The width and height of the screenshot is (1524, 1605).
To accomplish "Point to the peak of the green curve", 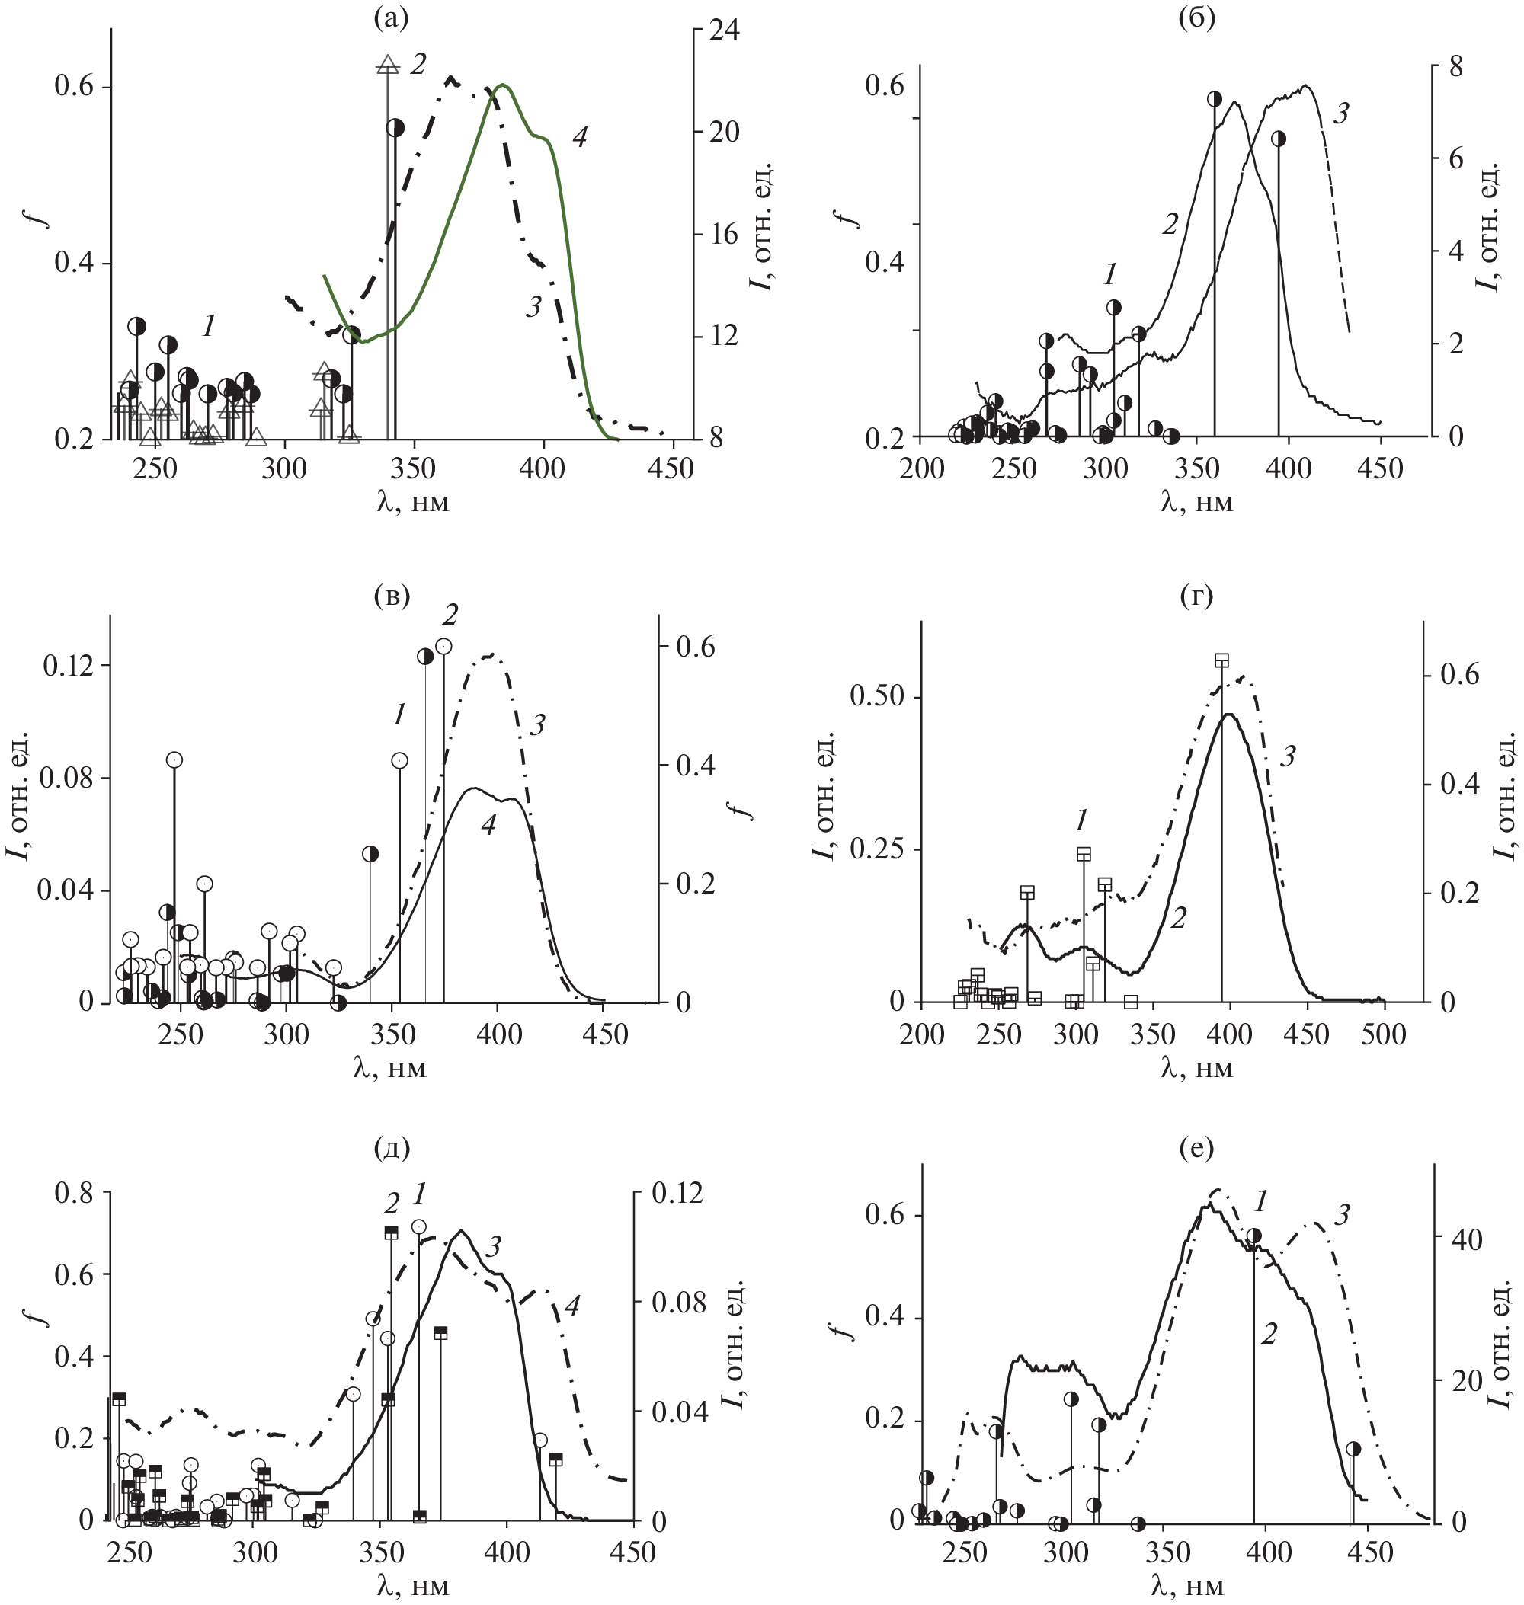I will (504, 85).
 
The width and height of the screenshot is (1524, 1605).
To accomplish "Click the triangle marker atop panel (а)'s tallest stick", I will (389, 65).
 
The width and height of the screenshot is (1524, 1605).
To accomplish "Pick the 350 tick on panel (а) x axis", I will (414, 468).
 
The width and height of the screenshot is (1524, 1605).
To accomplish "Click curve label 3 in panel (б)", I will (1341, 114).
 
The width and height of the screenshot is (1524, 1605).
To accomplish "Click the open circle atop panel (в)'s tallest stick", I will (443, 647).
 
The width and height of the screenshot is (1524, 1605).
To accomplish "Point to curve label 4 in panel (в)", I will (488, 825).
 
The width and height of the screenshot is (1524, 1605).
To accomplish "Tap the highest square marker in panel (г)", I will (1221, 660).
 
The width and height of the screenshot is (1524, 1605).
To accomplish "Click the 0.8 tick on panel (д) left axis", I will (73, 1193).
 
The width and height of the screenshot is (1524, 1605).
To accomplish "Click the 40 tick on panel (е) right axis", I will (1466, 1239).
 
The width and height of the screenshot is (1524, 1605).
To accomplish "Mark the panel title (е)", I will (1196, 1148).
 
